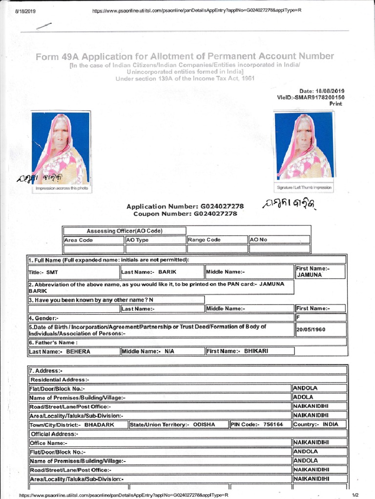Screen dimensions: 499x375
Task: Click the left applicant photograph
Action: [x=61, y=148]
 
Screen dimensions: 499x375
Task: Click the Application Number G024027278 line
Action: [x=185, y=207]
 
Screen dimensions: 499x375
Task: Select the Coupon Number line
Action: [x=185, y=213]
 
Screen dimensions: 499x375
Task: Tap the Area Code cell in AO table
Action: [x=93, y=240]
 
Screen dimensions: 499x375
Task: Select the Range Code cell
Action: [x=217, y=240]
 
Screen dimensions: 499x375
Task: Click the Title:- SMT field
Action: [x=74, y=272]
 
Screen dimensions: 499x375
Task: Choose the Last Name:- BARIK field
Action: [x=162, y=272]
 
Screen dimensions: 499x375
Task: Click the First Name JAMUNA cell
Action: [x=320, y=272]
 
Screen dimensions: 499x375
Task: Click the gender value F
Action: [x=320, y=317]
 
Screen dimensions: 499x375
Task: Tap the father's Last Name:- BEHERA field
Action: [x=74, y=351]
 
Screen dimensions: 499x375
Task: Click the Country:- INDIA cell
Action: [x=319, y=424]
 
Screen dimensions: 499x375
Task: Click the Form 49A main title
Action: [x=185, y=57]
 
